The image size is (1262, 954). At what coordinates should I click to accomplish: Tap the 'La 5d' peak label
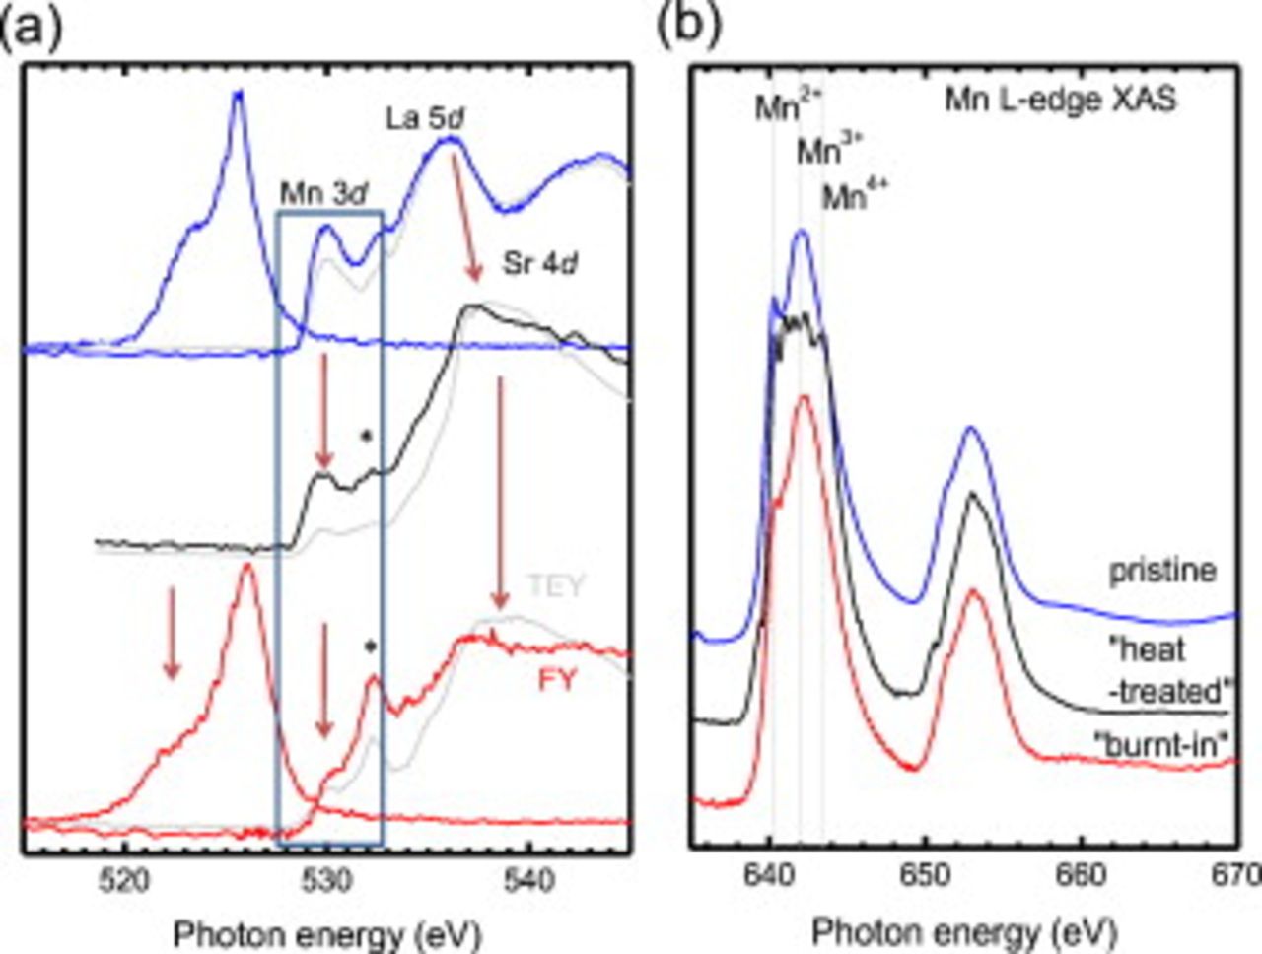(x=425, y=119)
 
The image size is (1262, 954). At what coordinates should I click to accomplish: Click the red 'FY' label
(x=558, y=680)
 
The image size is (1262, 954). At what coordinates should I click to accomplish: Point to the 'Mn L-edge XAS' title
(x=1061, y=101)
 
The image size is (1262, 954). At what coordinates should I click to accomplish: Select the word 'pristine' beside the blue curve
(x=1162, y=571)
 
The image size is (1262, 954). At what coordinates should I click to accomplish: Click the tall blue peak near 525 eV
(x=237, y=94)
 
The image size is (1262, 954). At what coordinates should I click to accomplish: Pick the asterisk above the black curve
(x=366, y=436)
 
